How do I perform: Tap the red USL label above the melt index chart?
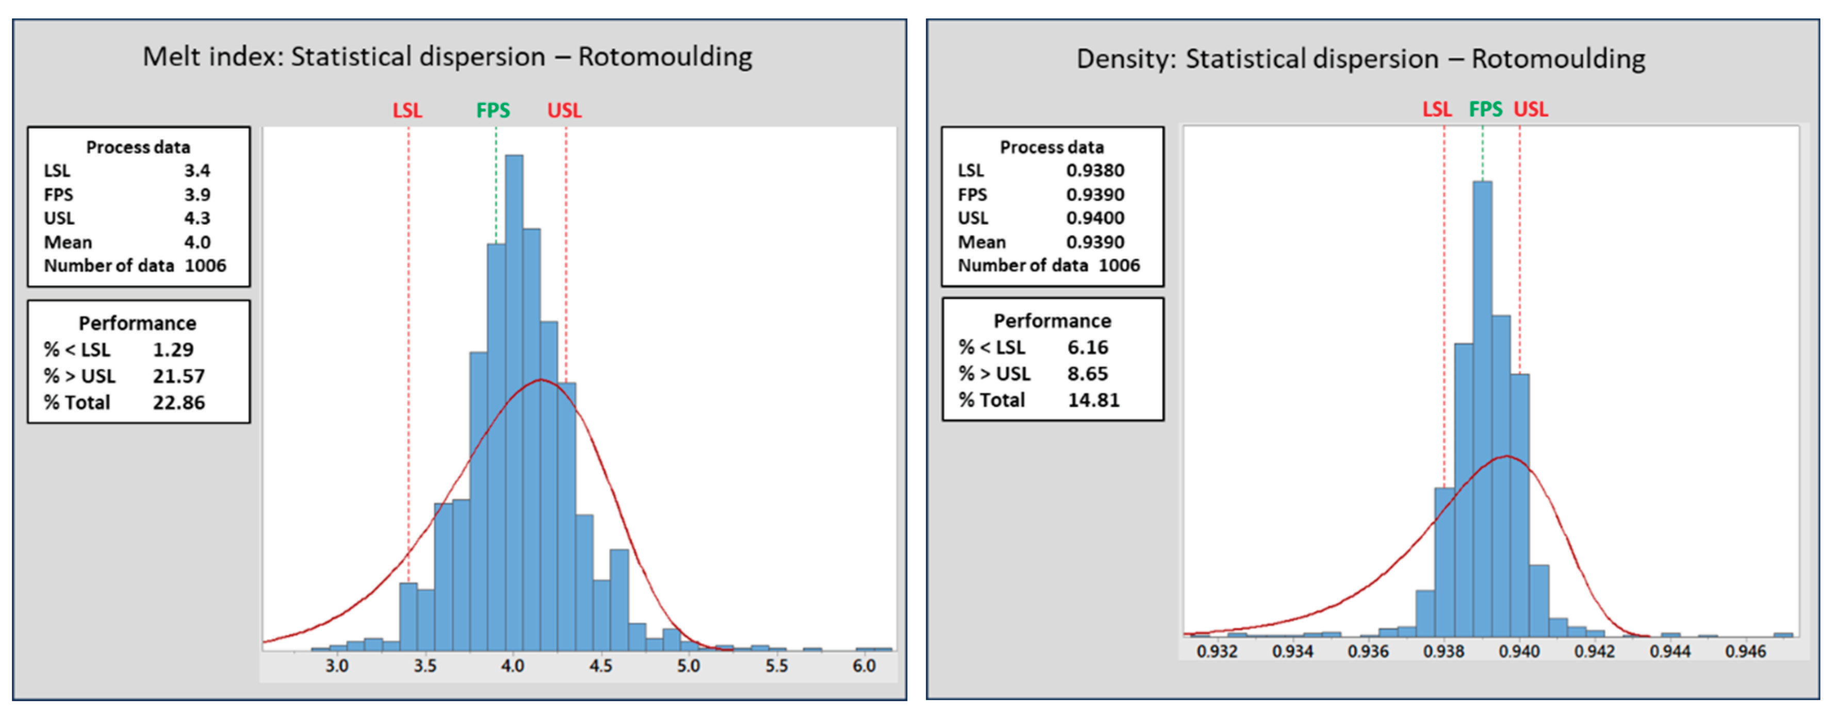[565, 110]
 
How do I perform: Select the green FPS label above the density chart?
[1485, 109]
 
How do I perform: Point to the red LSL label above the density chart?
[1436, 109]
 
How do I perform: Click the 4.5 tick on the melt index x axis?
[600, 665]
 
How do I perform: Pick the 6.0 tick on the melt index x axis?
[864, 665]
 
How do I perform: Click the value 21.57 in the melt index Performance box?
[178, 376]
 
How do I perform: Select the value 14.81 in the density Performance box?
[1093, 400]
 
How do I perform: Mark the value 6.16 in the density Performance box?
[1088, 347]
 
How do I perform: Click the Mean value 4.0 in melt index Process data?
[196, 242]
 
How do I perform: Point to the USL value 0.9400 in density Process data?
[1095, 218]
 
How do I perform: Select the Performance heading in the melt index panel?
[138, 323]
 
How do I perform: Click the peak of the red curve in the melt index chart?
[541, 380]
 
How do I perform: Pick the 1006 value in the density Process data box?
[1119, 265]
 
